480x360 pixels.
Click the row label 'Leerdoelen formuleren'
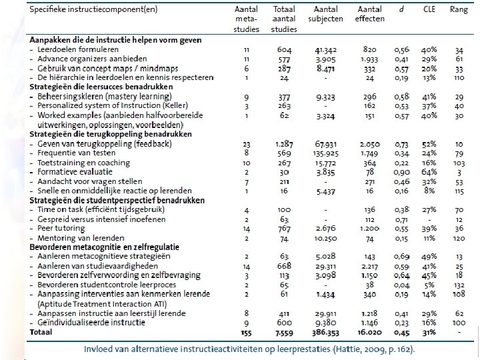click(x=78, y=49)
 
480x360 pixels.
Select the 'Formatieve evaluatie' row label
click(x=75, y=171)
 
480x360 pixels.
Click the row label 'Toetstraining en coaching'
click(x=83, y=162)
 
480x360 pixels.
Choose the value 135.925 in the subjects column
click(x=323, y=153)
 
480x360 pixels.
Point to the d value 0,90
click(x=400, y=171)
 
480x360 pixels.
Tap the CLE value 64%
click(x=429, y=171)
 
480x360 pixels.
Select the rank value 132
click(x=459, y=283)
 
